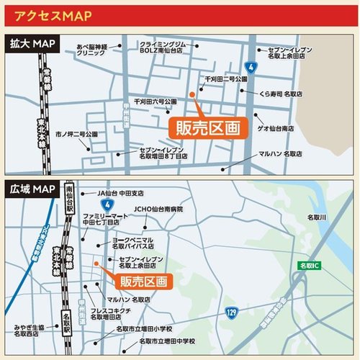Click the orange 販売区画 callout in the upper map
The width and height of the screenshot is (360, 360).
point(207,127)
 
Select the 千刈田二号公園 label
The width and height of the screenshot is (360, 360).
point(226,78)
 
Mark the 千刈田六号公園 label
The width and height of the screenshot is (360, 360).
point(155,102)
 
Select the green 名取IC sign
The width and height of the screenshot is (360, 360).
point(310,266)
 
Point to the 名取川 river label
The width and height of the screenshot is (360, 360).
point(317,217)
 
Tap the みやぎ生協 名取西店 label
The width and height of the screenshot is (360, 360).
point(30,330)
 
